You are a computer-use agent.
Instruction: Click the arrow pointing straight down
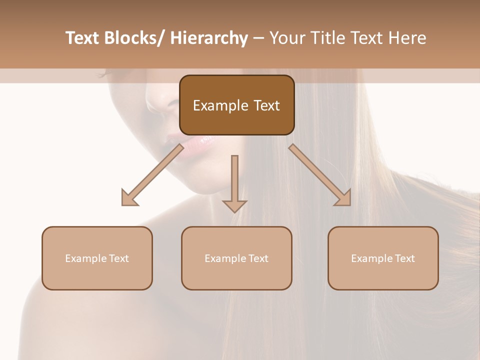234,182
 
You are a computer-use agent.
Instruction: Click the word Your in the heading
287,38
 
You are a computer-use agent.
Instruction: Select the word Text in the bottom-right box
405,258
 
